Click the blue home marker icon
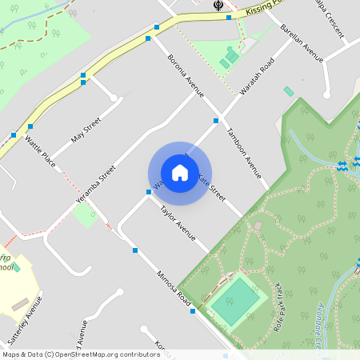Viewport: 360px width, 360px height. [x=180, y=172]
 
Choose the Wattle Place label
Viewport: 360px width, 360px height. [x=39, y=151]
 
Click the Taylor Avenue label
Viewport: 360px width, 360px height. [x=178, y=223]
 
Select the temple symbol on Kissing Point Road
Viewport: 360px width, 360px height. [x=218, y=6]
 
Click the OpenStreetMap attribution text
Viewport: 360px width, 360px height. [x=80, y=354]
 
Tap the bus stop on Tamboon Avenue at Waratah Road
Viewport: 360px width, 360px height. [x=216, y=120]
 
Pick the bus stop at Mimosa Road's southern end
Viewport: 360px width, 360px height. [x=193, y=310]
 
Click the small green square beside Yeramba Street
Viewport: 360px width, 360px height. [x=84, y=214]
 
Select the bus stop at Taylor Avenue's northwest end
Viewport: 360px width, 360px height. [x=149, y=192]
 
